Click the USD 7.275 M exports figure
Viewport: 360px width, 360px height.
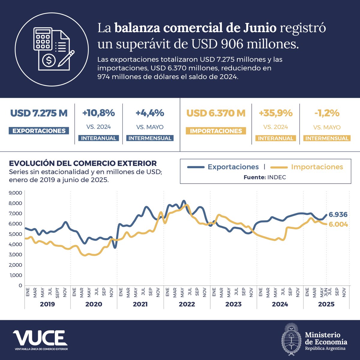point(39,113)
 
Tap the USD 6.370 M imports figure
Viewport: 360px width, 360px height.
point(216,113)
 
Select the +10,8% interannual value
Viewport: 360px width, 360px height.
point(98,113)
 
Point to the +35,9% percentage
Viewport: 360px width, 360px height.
point(275,113)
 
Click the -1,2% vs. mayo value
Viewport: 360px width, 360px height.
point(326,113)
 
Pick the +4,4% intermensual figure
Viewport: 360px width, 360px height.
point(150,113)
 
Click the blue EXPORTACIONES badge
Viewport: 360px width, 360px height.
point(39,131)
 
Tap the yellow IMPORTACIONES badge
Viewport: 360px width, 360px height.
point(216,131)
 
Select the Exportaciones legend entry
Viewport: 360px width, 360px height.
point(233,167)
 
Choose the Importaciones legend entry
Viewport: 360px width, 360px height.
point(317,167)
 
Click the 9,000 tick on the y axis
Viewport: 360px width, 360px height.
point(16,193)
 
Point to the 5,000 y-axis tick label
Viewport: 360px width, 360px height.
point(16,234)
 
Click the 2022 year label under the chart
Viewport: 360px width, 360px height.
point(187,304)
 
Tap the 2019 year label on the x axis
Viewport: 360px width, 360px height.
point(47,304)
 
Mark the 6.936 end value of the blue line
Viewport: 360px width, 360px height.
point(338,214)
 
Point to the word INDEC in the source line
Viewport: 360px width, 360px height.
point(277,177)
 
